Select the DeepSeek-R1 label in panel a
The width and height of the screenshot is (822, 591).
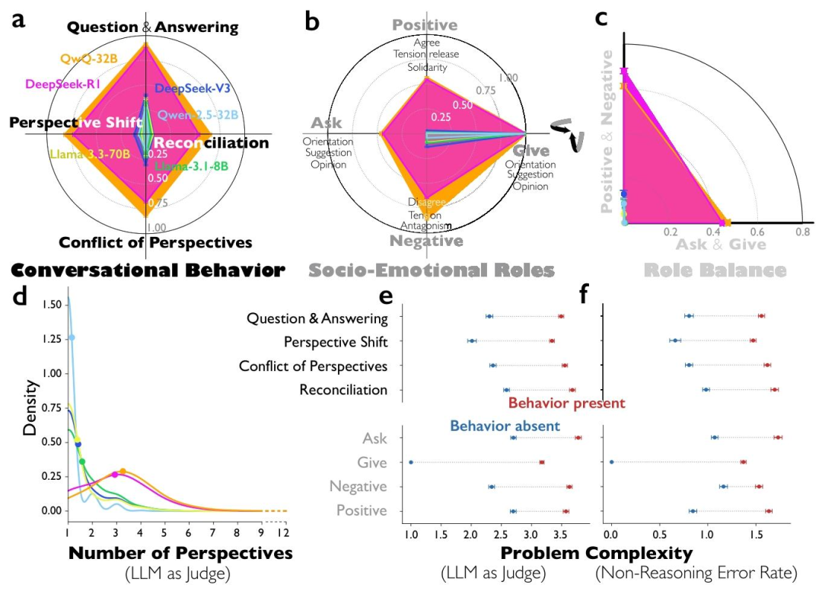65,84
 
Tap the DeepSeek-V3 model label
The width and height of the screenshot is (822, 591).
192,88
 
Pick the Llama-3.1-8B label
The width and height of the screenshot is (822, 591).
191,167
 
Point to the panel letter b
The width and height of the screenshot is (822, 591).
312,21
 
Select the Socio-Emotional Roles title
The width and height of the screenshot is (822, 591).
431,270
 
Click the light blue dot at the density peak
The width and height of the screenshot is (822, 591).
72,337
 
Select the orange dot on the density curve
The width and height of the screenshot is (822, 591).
123,471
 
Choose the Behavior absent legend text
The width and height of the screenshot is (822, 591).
505,426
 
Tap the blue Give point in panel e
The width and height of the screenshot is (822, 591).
411,462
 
